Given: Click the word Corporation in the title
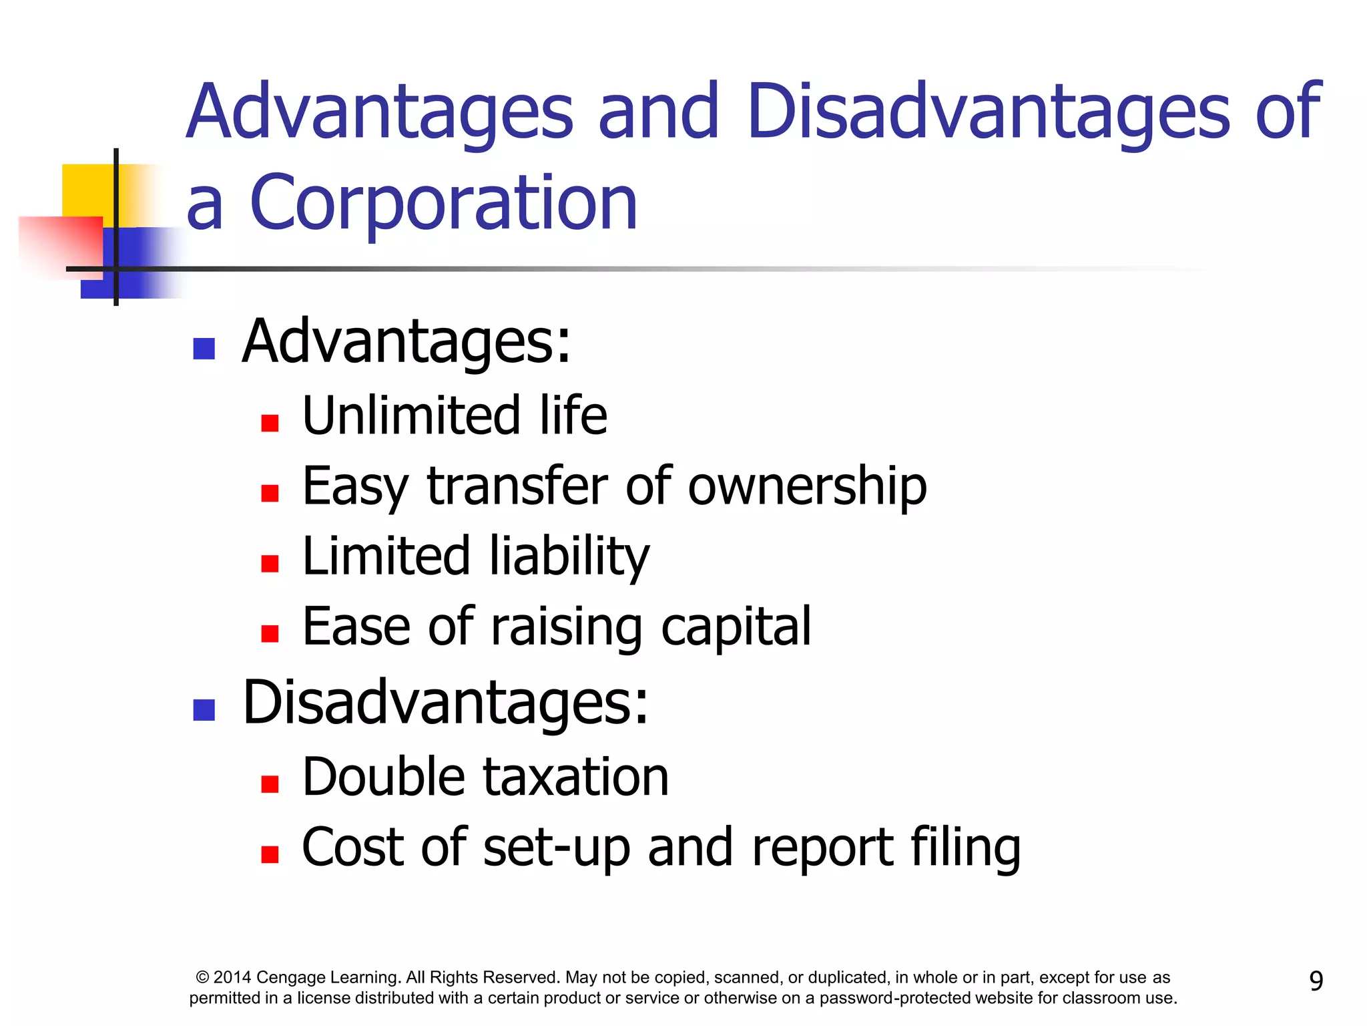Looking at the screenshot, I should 444,202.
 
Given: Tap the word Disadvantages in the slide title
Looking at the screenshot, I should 988,112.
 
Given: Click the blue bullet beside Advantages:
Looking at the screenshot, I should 204,349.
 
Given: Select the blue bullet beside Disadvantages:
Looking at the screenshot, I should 204,709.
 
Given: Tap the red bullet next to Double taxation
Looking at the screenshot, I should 270,784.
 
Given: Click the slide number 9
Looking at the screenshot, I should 1316,981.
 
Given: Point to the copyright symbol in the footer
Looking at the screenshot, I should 203,978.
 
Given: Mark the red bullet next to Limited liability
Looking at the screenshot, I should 270,564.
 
